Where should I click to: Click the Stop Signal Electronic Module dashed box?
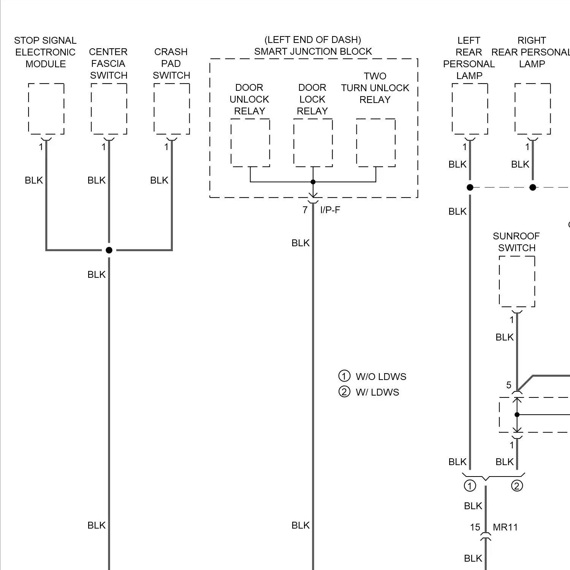coord(46,109)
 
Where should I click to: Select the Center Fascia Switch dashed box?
coord(109,109)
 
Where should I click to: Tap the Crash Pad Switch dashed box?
coord(172,109)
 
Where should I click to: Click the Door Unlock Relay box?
coord(250,142)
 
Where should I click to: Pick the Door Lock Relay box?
coord(313,142)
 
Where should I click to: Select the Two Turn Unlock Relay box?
coord(375,142)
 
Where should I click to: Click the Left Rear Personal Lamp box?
coord(470,109)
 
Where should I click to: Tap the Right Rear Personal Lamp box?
coord(532,109)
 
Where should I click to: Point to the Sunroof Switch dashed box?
coord(517,281)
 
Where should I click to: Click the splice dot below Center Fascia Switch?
coord(109,250)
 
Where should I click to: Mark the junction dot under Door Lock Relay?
coord(313,182)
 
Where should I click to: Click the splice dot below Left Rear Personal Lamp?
coord(470,187)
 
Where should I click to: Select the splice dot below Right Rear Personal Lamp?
coord(533,187)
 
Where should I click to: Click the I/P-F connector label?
coord(330,210)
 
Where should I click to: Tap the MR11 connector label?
coord(505,527)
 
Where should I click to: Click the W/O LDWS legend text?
coord(381,377)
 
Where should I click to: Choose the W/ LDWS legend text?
coord(377,392)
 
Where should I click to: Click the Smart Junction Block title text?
coord(313,51)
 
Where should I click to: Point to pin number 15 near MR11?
coord(475,527)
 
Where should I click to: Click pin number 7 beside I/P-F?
coord(305,210)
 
